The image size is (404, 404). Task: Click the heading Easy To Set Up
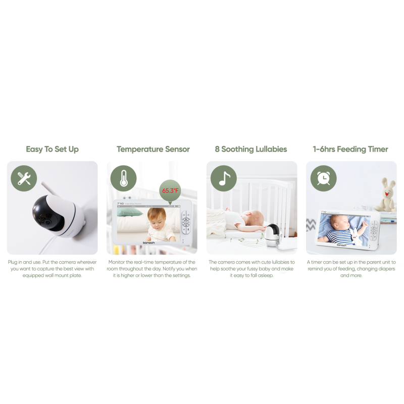coord(52,149)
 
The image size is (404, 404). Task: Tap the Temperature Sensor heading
coord(153,149)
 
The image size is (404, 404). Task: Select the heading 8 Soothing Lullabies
coord(251,149)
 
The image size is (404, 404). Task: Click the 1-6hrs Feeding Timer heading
coord(351,149)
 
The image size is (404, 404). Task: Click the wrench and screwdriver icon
coord(24,178)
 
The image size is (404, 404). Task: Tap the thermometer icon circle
coord(123,178)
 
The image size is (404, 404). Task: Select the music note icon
coord(224,178)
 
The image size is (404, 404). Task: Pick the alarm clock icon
coord(323,178)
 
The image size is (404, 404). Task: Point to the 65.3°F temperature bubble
coord(170,191)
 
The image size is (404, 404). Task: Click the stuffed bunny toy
coord(387,194)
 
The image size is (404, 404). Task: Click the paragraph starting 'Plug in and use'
coord(52,269)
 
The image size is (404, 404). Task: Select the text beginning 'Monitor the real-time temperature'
coord(152,269)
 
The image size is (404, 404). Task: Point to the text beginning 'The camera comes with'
coord(251,269)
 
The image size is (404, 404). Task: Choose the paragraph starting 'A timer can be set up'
coord(351,269)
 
